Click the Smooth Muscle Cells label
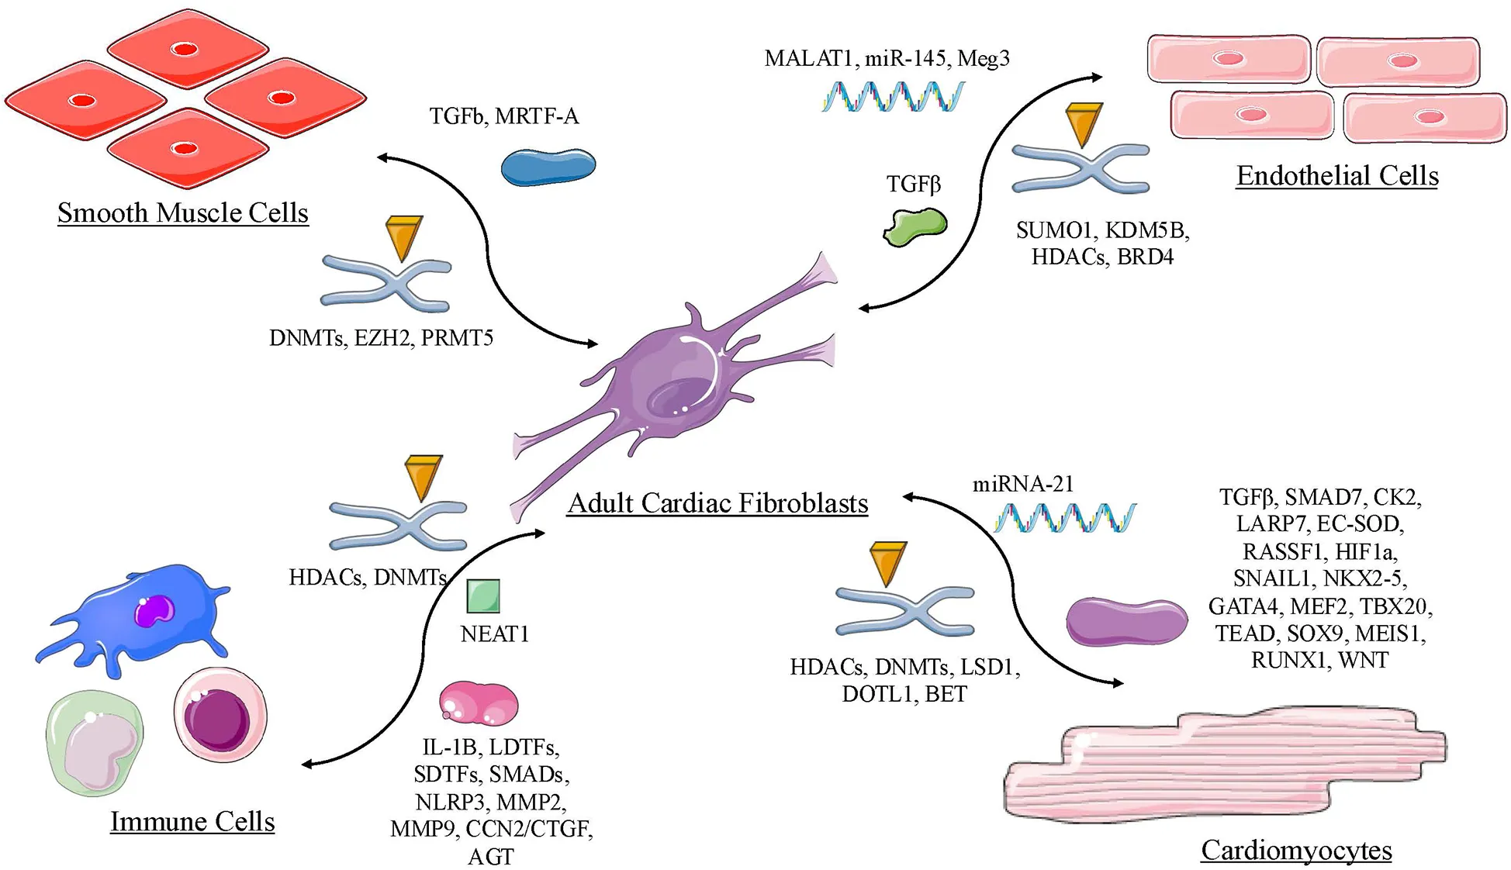tap(183, 213)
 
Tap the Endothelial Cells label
tap(1336, 176)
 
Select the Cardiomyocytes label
tap(1296, 850)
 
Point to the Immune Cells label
tap(192, 821)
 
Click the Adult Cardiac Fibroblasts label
tap(717, 503)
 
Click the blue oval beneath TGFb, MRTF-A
tap(548, 167)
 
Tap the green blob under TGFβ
tap(915, 226)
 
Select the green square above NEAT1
tap(483, 596)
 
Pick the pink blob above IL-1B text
tap(479, 703)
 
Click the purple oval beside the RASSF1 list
tap(1126, 621)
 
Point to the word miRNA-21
tap(1023, 485)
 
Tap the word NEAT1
tap(495, 634)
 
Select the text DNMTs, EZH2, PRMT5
tap(381, 338)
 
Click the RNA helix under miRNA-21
tap(1065, 518)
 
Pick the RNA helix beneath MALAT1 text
tap(893, 97)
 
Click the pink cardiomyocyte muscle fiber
tap(1226, 768)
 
